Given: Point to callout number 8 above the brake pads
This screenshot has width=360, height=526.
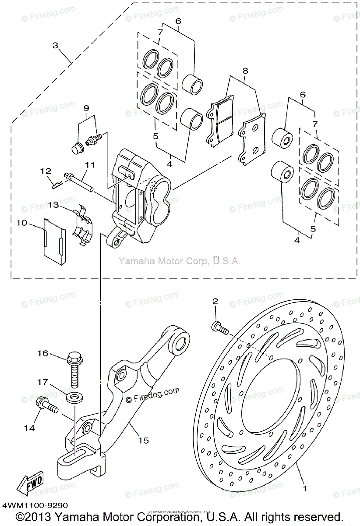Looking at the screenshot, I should pos(245,70).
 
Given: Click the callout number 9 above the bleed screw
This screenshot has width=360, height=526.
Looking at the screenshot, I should pos(86,108).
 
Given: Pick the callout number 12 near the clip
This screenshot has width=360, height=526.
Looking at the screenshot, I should pos(46,171).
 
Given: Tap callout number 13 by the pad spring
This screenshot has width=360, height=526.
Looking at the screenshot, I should pos(54,204).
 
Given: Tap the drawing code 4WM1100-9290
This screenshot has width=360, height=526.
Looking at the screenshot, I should pos(35,505).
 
